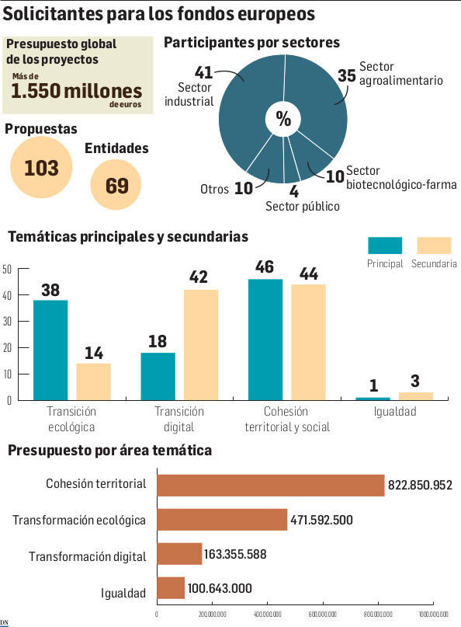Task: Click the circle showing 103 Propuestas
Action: pos(41,167)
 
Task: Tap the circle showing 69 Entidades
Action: pos(116,185)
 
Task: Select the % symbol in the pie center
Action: pos(283,119)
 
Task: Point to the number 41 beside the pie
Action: pos(204,72)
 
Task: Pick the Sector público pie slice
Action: pos(292,163)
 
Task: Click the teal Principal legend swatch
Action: pos(384,246)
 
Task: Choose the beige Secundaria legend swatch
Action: pos(435,246)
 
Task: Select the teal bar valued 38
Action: pos(50,350)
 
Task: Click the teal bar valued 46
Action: pos(265,339)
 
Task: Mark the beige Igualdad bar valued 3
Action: pos(415,395)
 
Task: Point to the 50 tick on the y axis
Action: pos(7,270)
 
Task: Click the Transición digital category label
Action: pos(179,419)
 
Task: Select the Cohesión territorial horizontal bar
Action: pos(270,485)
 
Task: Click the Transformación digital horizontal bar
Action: pos(179,553)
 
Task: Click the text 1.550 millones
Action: pos(76,91)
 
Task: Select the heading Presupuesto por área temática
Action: pos(109,451)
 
